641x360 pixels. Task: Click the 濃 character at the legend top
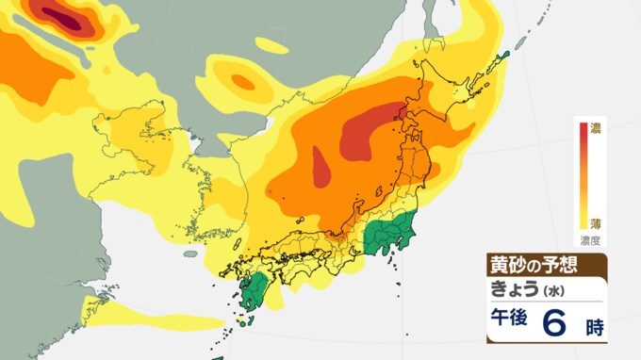596,128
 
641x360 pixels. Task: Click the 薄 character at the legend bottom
596,223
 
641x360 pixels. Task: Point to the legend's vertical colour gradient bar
583,174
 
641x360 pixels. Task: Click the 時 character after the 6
594,327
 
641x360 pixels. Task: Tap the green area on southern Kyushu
252,291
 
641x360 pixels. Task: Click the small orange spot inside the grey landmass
243,82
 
